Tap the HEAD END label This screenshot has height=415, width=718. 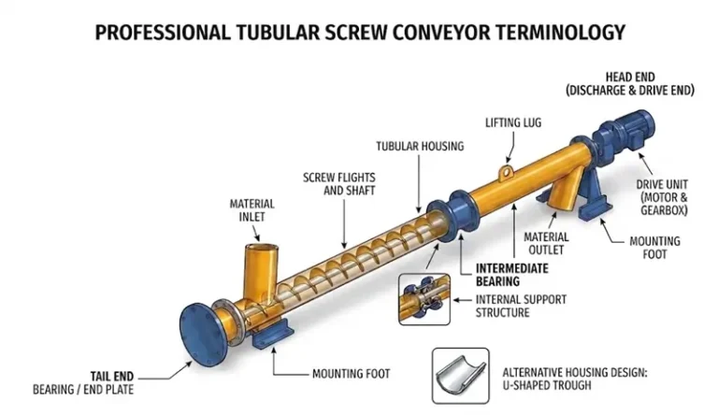click(630, 77)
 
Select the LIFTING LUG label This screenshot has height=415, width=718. click(513, 122)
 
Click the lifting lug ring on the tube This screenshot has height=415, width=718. click(506, 172)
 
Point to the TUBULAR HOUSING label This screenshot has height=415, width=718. click(420, 146)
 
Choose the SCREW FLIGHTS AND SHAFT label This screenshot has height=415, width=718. click(338, 184)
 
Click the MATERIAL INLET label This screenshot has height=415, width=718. click(251, 210)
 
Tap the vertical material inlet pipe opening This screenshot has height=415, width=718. click(262, 249)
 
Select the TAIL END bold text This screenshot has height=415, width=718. click(112, 377)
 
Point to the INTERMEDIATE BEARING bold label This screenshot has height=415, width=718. click(512, 275)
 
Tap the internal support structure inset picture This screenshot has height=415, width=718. click(424, 299)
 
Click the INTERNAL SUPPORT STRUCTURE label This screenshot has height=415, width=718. click(521, 306)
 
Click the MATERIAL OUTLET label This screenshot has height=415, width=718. click(546, 244)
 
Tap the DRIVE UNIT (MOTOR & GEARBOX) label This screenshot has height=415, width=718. click(662, 197)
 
